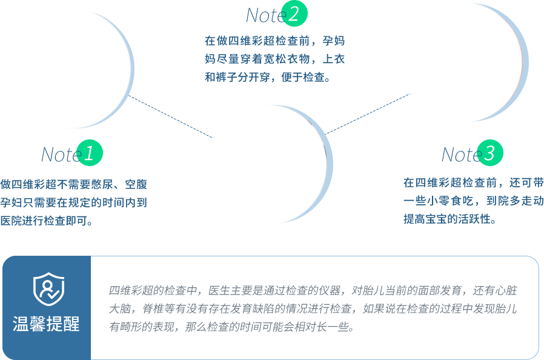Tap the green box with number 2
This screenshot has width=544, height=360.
(294, 13)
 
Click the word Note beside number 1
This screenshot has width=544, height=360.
(61, 155)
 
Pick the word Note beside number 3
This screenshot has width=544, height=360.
(461, 155)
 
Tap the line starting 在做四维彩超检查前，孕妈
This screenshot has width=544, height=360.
(274, 41)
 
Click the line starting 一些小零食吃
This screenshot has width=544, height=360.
(473, 201)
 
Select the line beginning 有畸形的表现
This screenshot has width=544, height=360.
(231, 327)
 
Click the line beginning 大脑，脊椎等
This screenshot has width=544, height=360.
(312, 308)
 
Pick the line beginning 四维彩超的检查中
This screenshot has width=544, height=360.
(313, 290)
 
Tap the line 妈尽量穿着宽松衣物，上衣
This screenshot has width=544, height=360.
(274, 59)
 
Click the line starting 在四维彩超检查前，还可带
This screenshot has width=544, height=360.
(473, 182)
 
